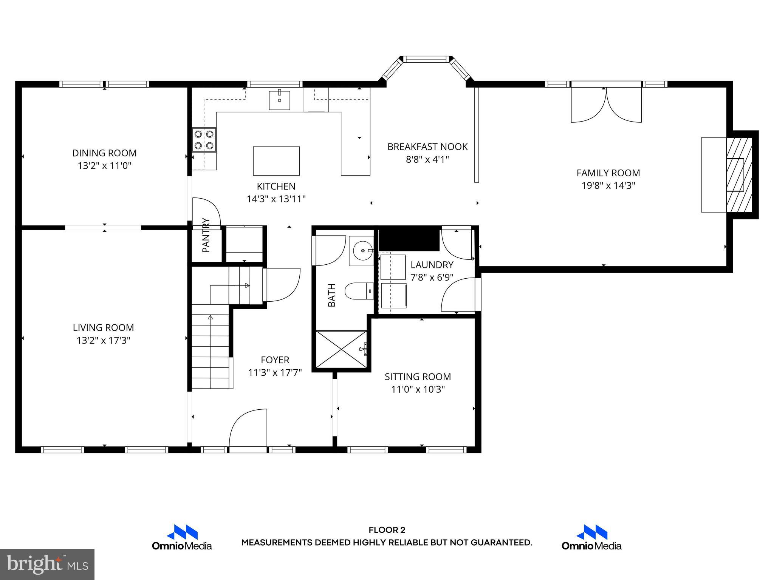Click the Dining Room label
pyautogui.click(x=104, y=153)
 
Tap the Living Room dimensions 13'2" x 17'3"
pyautogui.click(x=104, y=341)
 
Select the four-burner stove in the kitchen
pyautogui.click(x=204, y=140)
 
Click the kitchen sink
pyautogui.click(x=279, y=100)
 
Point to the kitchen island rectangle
pyautogui.click(x=276, y=161)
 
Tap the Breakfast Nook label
pyautogui.click(x=427, y=147)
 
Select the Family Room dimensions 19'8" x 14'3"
pyautogui.click(x=608, y=186)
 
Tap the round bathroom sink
pyautogui.click(x=361, y=250)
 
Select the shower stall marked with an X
pyautogui.click(x=341, y=349)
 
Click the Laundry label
pyautogui.click(x=432, y=265)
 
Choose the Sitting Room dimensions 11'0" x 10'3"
pyautogui.click(x=418, y=389)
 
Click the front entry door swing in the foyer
pyautogui.click(x=248, y=429)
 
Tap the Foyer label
pyautogui.click(x=275, y=360)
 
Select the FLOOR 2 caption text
pyautogui.click(x=387, y=530)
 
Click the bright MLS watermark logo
pyautogui.click(x=47, y=564)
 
